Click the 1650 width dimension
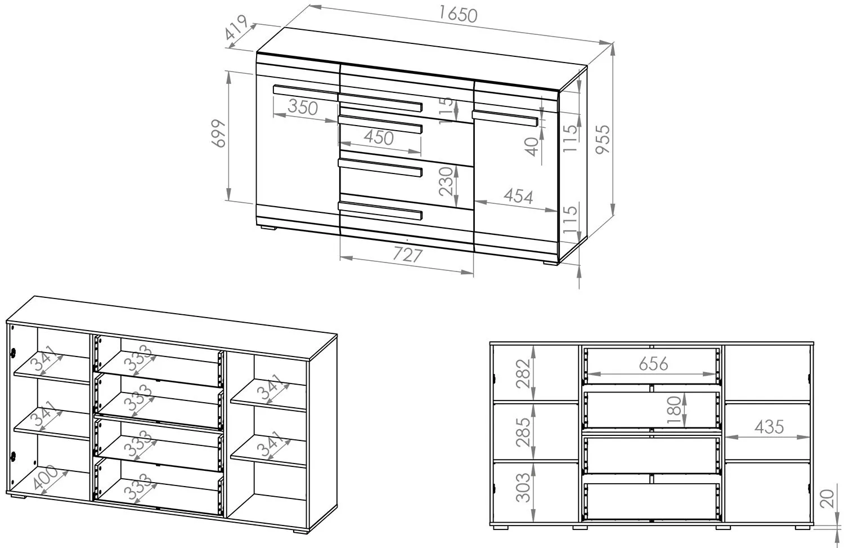click(x=458, y=15)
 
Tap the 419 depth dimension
click(x=236, y=27)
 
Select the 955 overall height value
click(x=603, y=139)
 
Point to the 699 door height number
click(x=218, y=133)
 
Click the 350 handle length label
click(x=303, y=107)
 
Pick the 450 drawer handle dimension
click(x=379, y=137)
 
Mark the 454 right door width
click(x=518, y=196)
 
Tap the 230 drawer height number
click(x=446, y=181)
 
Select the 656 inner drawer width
click(x=653, y=364)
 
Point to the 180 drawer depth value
click(x=674, y=409)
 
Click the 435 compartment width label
click(x=769, y=427)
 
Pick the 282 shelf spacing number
click(x=523, y=374)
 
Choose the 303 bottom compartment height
click(x=523, y=488)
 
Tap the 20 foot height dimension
click(x=827, y=498)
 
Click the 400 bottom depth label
click(x=45, y=478)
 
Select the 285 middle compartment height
click(x=523, y=432)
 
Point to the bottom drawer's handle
click(x=380, y=211)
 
